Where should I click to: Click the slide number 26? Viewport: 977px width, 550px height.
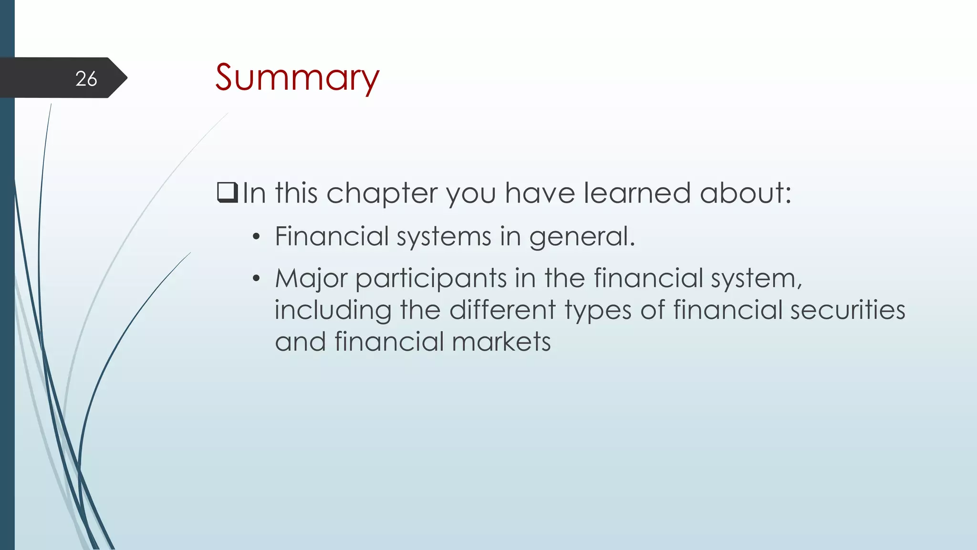click(x=86, y=79)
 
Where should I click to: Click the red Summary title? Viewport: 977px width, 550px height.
click(x=297, y=77)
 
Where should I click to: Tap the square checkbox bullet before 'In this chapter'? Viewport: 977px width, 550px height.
click(x=227, y=193)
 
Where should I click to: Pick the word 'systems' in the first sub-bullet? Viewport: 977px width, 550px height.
click(x=444, y=237)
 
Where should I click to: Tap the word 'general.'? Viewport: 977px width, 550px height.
click(x=582, y=237)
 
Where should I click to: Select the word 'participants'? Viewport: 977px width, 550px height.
click(x=431, y=279)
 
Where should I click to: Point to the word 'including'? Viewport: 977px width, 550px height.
click(x=333, y=311)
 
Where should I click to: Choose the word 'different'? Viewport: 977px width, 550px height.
click(x=502, y=310)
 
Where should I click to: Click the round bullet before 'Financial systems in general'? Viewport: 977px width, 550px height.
click(x=257, y=237)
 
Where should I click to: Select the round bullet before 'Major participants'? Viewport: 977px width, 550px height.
click(x=257, y=278)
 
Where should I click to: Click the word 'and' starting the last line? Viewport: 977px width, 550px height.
click(x=301, y=342)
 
